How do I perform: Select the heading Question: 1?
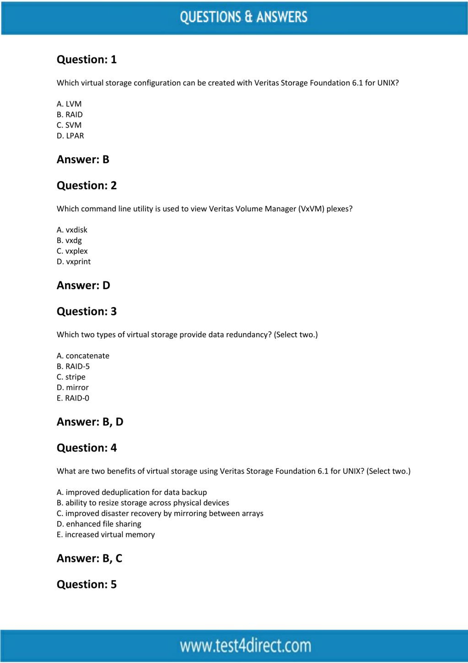(86, 60)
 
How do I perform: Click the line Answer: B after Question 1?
(83, 159)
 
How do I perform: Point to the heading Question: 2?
(86, 185)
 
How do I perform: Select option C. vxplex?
(72, 251)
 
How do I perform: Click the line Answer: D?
(83, 285)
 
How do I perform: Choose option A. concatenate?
(83, 356)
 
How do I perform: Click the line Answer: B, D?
(90, 422)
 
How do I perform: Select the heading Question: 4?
(86, 448)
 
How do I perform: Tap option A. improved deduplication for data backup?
(132, 492)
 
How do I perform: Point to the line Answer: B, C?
(89, 558)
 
